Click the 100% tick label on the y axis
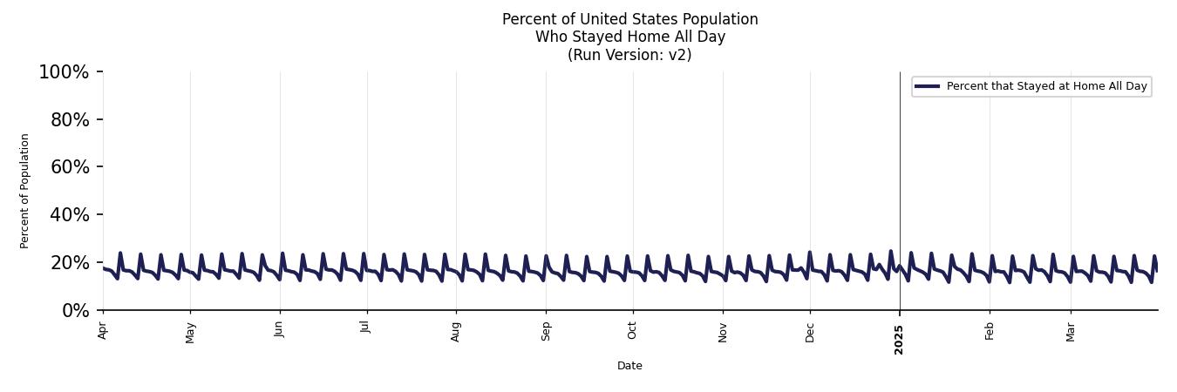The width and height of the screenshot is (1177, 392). pyautogui.click(x=64, y=72)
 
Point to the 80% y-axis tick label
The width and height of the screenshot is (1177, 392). pyautogui.click(x=70, y=120)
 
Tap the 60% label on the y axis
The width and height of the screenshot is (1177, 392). pyautogui.click(x=70, y=167)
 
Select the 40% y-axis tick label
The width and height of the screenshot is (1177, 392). pyautogui.click(x=70, y=215)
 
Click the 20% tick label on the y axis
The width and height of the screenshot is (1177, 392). pyautogui.click(x=70, y=263)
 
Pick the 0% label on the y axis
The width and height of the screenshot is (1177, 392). pyautogui.click(x=76, y=311)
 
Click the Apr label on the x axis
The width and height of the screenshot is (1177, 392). pyautogui.click(x=103, y=330)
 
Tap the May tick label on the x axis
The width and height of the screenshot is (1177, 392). pyautogui.click(x=191, y=332)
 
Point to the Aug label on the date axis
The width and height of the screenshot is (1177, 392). pyautogui.click(x=456, y=331)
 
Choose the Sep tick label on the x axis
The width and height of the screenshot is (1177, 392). pyautogui.click(x=546, y=331)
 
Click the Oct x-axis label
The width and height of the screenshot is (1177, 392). pyautogui.click(x=633, y=330)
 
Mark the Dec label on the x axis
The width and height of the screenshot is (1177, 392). pyautogui.click(x=810, y=331)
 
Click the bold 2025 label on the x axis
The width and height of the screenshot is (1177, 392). pyautogui.click(x=900, y=339)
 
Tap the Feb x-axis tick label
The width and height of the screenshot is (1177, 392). pyautogui.click(x=990, y=330)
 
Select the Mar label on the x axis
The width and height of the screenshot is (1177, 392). pyautogui.click(x=1071, y=331)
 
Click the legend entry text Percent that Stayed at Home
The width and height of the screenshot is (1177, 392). pyautogui.click(x=1046, y=86)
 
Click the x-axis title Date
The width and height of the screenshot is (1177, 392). pyautogui.click(x=629, y=366)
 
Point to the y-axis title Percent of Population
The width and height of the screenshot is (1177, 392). pyautogui.click(x=25, y=191)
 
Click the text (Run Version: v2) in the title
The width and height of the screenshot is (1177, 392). pyautogui.click(x=629, y=55)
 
